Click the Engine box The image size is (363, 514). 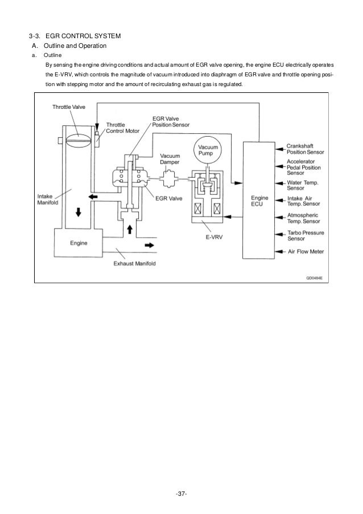coord(79,243)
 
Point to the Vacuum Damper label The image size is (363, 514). coord(169,159)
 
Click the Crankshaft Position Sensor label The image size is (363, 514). coord(305,149)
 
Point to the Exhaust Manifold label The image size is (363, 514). coord(135,264)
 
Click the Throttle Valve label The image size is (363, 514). coord(69,107)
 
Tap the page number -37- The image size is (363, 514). coord(181,492)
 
